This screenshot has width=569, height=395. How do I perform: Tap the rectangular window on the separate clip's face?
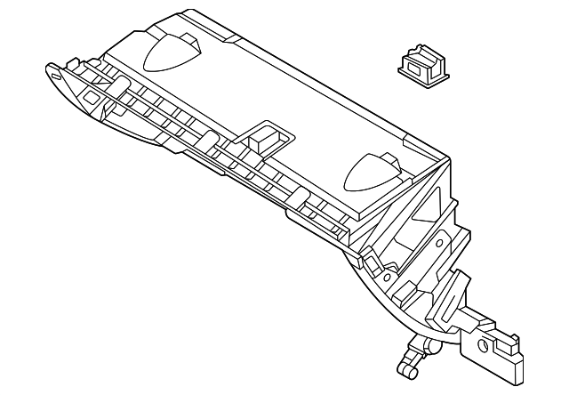click(x=413, y=63)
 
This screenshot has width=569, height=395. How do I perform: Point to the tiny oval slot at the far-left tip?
click(x=55, y=77)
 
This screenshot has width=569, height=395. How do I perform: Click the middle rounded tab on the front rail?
click(x=206, y=137)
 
